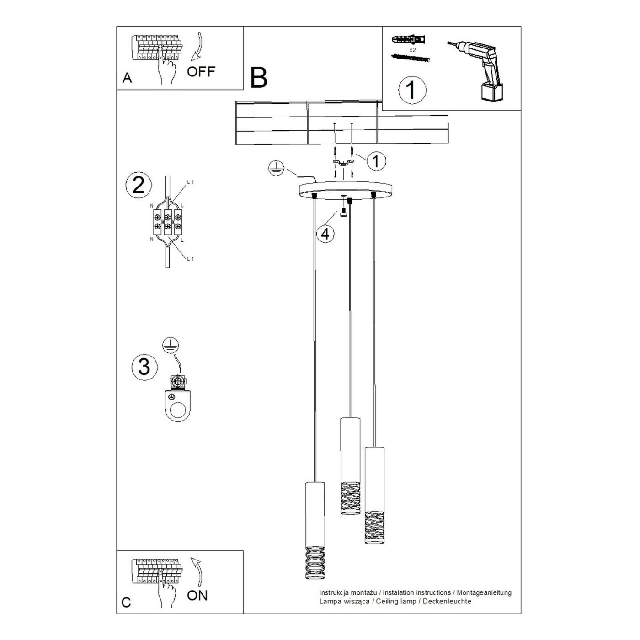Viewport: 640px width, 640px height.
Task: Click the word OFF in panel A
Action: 201,71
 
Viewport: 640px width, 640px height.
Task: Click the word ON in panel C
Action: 197,596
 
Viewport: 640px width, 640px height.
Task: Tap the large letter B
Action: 259,78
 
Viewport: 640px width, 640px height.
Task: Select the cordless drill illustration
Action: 475,70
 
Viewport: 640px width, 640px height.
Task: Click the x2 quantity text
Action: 412,50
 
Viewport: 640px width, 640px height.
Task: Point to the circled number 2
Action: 139,185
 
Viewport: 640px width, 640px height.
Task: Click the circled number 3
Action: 144,367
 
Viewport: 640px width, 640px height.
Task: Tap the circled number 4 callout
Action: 325,234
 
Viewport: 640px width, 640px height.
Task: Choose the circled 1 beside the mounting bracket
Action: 376,161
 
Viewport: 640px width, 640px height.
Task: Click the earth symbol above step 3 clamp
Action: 171,346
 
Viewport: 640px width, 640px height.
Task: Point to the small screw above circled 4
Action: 343,213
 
